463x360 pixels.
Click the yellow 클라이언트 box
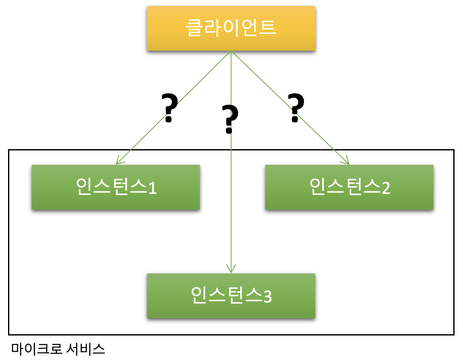pyautogui.click(x=231, y=28)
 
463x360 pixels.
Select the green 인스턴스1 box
pyautogui.click(x=115, y=187)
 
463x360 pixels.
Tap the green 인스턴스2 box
pyautogui.click(x=349, y=187)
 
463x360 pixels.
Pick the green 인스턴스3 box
pyautogui.click(x=231, y=295)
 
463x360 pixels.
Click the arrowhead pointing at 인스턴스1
pyautogui.click(x=118, y=162)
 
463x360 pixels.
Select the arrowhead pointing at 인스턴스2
pyautogui.click(x=347, y=162)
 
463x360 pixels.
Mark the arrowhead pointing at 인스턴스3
pyautogui.click(x=231, y=270)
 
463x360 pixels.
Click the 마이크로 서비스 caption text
pyautogui.click(x=58, y=349)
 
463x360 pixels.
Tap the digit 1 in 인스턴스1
pyautogui.click(x=152, y=188)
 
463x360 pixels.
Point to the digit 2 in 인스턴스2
pyautogui.click(x=385, y=188)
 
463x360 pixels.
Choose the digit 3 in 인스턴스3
pyautogui.click(x=267, y=297)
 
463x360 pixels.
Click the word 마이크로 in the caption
pyautogui.click(x=37, y=349)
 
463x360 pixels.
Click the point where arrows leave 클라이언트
pyautogui.click(x=231, y=52)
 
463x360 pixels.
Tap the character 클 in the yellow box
pyautogui.click(x=195, y=28)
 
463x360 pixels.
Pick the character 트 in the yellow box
pyautogui.click(x=267, y=28)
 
